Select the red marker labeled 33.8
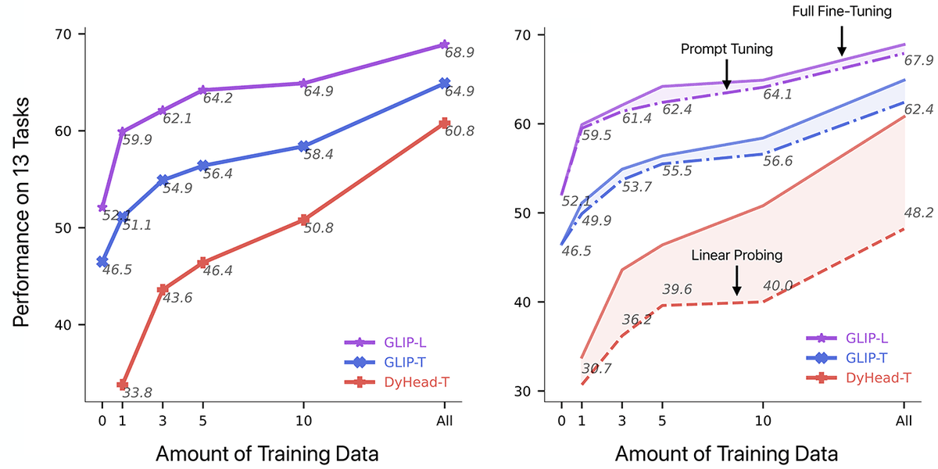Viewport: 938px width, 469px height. tap(123, 385)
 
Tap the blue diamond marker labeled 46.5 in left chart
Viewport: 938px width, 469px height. tap(102, 261)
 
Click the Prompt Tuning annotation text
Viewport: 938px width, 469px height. tap(727, 49)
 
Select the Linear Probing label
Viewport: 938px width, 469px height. tap(736, 256)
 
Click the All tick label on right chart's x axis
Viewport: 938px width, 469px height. tap(904, 422)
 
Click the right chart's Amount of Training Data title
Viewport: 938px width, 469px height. tap(726, 454)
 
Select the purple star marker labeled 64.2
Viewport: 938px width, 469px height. tap(202, 90)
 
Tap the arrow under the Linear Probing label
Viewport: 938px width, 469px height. tap(736, 281)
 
